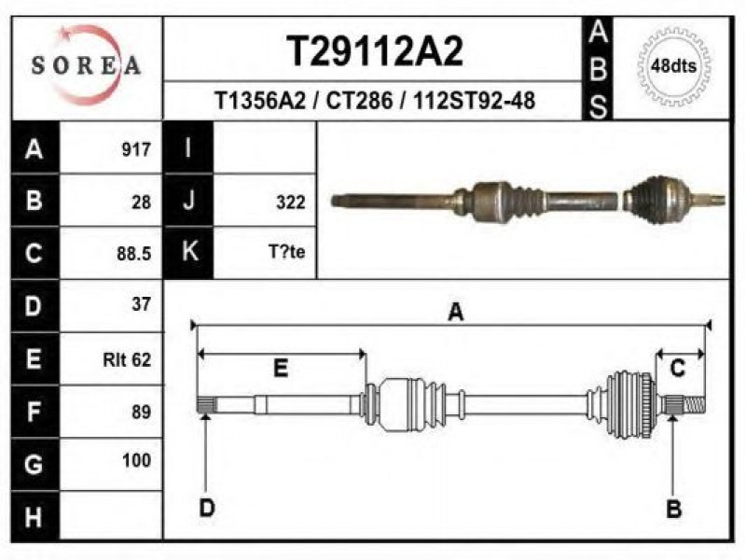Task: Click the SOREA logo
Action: [86, 64]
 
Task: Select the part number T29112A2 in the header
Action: [375, 51]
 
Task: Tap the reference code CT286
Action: [359, 101]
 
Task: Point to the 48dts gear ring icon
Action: [673, 65]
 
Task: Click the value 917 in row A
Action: [136, 149]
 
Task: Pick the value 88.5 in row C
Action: [134, 253]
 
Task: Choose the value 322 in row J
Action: [291, 203]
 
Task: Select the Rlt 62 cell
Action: [127, 359]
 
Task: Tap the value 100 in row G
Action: [136, 460]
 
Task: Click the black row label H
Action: [35, 517]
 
